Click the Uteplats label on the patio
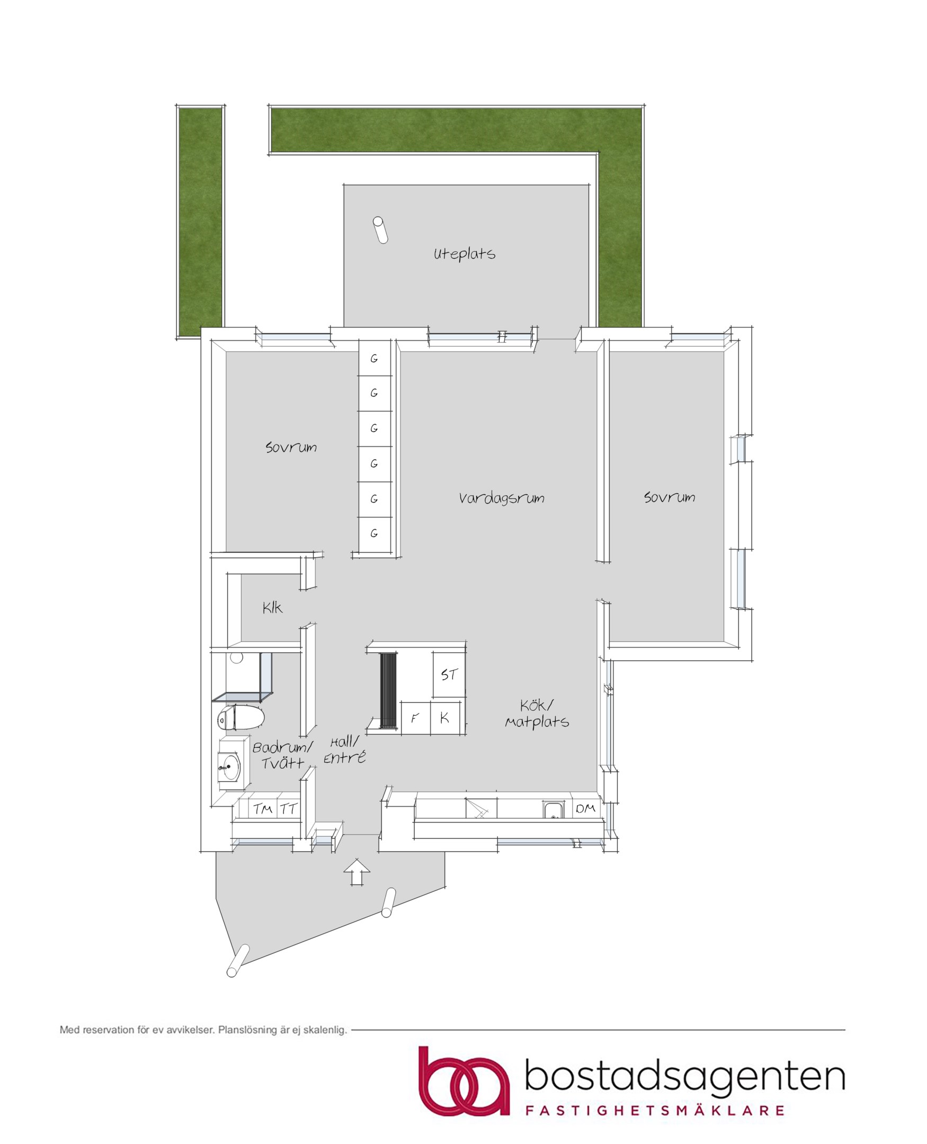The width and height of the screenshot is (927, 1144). pyautogui.click(x=464, y=254)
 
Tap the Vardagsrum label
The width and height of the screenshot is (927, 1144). pyautogui.click(x=502, y=498)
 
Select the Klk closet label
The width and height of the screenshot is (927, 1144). pyautogui.click(x=272, y=607)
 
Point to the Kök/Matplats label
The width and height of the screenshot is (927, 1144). pyautogui.click(x=537, y=714)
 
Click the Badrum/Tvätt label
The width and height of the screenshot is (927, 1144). pyautogui.click(x=282, y=755)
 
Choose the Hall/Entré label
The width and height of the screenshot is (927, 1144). pyautogui.click(x=344, y=749)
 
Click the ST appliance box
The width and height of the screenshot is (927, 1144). pyautogui.click(x=449, y=674)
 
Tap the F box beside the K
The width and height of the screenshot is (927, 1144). pyautogui.click(x=415, y=719)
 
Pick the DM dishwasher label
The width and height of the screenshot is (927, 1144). pyautogui.click(x=586, y=809)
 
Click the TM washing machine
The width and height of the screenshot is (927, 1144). pyautogui.click(x=263, y=809)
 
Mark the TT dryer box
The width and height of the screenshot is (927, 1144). pyautogui.click(x=288, y=809)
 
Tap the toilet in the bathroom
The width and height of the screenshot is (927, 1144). pyautogui.click(x=241, y=718)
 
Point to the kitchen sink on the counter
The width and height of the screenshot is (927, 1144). pyautogui.click(x=554, y=810)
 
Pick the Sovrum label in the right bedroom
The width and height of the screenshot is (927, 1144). pyautogui.click(x=670, y=497)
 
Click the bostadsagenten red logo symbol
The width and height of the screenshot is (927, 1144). pyautogui.click(x=463, y=1081)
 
